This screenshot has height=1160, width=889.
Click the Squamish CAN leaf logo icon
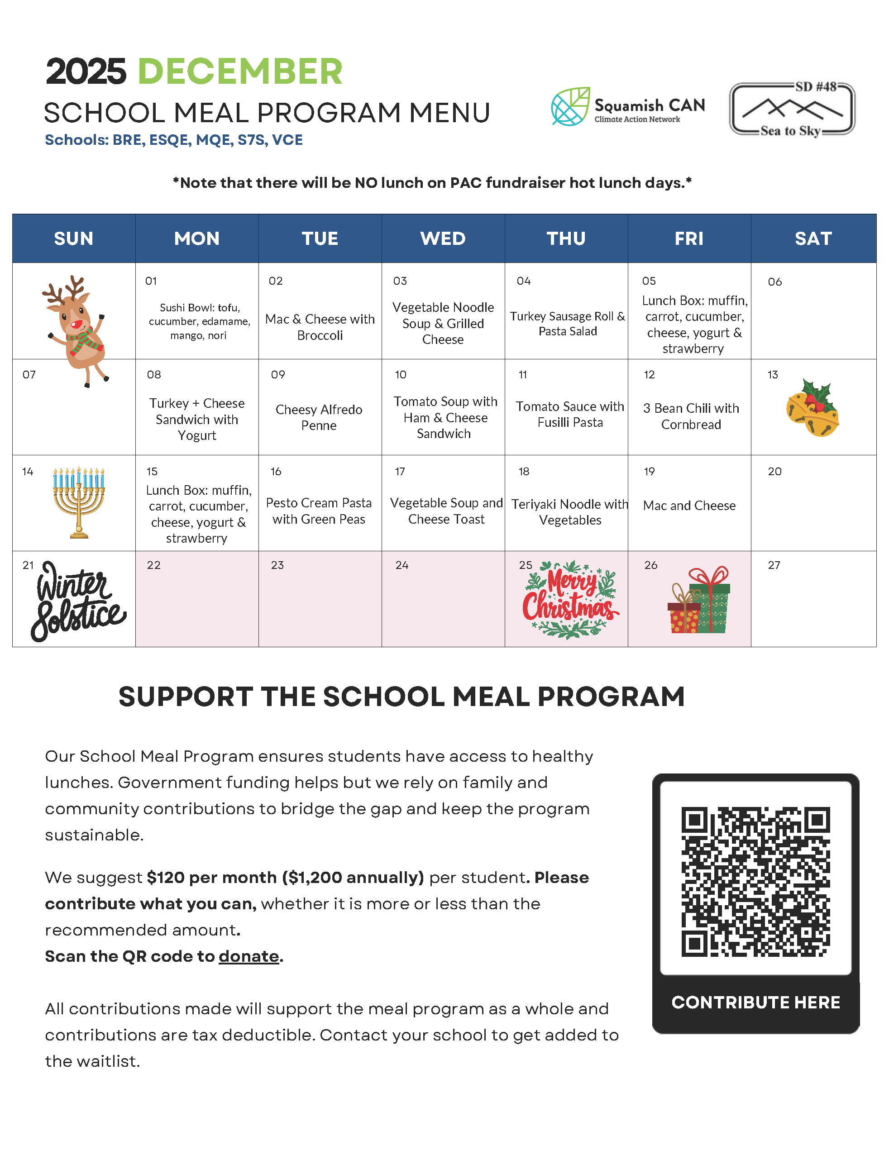(570, 106)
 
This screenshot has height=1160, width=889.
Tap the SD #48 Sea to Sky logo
(792, 109)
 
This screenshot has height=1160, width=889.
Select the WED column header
(443, 239)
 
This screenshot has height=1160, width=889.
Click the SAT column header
(813, 239)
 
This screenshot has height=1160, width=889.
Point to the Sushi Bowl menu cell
(199, 321)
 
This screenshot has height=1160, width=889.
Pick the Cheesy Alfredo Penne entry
(319, 417)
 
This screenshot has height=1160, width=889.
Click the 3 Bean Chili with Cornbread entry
(691, 416)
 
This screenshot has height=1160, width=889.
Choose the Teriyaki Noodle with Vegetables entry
(569, 512)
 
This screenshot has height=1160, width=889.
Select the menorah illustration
(79, 501)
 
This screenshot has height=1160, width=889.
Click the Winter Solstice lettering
(77, 600)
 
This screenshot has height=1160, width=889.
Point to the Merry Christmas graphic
(570, 600)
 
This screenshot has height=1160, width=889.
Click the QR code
(755, 881)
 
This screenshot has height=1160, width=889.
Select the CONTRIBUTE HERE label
(755, 1002)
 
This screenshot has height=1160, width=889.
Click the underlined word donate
(249, 956)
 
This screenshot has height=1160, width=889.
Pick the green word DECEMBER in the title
(240, 72)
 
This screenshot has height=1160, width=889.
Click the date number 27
(774, 565)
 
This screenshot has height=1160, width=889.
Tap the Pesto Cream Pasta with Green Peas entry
(319, 511)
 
